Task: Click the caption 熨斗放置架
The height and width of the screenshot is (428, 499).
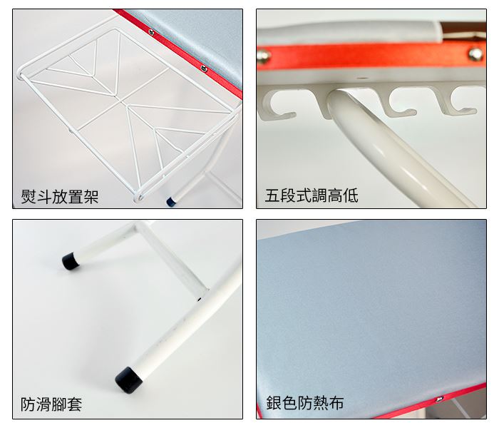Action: pyautogui.click(x=60, y=196)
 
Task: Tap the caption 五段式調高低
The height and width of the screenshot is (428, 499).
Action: pyautogui.click(x=312, y=195)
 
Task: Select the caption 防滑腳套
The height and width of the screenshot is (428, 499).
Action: pyautogui.click(x=51, y=404)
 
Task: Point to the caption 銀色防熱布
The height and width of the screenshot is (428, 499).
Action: pyautogui.click(x=305, y=403)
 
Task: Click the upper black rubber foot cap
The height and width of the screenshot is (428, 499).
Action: pyautogui.click(x=71, y=261)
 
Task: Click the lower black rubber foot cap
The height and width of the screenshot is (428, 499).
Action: pyautogui.click(x=128, y=380)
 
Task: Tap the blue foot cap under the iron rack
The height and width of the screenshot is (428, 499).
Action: pyautogui.click(x=171, y=201)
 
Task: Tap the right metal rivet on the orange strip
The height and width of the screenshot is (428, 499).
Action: pyautogui.click(x=475, y=54)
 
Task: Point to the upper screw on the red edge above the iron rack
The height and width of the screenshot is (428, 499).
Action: pyautogui.click(x=151, y=31)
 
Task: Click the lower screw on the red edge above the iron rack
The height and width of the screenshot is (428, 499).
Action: pyautogui.click(x=204, y=68)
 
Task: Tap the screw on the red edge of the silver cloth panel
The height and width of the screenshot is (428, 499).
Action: pyautogui.click(x=440, y=399)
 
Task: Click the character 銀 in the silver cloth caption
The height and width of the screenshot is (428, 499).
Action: pyautogui.click(x=274, y=403)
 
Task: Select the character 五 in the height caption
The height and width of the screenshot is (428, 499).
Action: pyautogui.click(x=273, y=195)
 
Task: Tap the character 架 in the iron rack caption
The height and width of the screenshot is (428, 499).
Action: pyautogui.click(x=91, y=196)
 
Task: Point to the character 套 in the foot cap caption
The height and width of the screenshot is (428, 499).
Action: pyautogui.click(x=74, y=404)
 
